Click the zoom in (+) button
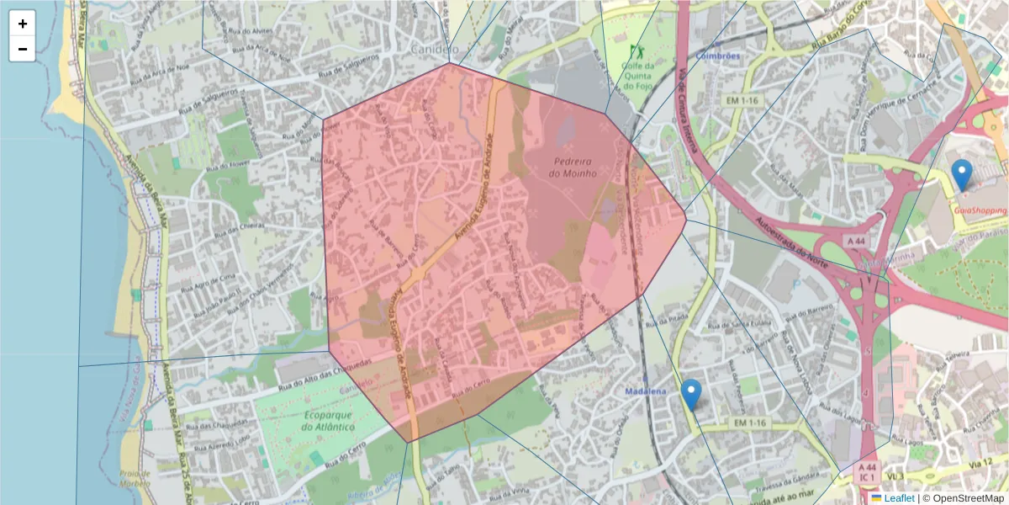tap(23, 24)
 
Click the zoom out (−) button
tap(23, 49)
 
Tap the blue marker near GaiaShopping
tap(962, 175)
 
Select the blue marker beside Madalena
tap(691, 394)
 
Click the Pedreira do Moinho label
tap(573, 167)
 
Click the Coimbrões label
tap(718, 56)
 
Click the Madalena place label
tap(646, 392)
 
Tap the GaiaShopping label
tap(979, 210)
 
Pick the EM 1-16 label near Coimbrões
tap(742, 100)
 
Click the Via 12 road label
tap(980, 464)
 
